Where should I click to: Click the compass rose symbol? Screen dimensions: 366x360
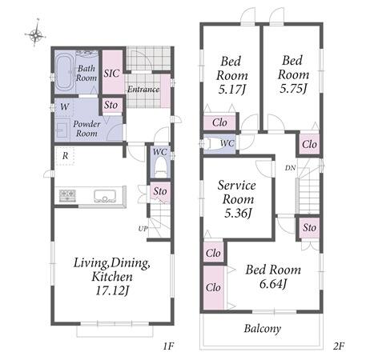point(35,34)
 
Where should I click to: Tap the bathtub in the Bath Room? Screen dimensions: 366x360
point(65,71)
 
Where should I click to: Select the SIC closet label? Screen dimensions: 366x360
point(111,73)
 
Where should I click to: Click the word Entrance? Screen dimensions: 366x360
point(143,89)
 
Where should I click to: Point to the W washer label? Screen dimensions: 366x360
point(65,107)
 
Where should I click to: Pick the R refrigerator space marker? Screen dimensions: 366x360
point(66,156)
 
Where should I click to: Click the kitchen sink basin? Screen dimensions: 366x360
point(105,196)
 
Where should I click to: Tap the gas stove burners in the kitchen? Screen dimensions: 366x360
point(67,196)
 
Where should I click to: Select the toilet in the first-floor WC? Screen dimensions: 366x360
point(161,167)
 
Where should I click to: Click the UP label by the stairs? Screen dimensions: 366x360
point(143,229)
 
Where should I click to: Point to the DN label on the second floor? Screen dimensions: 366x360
point(290,168)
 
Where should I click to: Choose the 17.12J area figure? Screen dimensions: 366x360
point(112,290)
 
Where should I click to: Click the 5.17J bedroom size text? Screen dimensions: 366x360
point(231,90)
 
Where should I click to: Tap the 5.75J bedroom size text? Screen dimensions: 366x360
point(293,88)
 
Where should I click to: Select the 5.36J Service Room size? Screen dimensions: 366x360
point(238,213)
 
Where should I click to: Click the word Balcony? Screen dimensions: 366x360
point(263,329)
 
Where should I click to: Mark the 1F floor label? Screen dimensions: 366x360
point(168,346)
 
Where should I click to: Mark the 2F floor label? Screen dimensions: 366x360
point(339,346)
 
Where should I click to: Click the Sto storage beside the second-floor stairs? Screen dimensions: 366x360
point(309,227)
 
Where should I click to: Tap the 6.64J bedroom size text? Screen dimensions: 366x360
point(273,284)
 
